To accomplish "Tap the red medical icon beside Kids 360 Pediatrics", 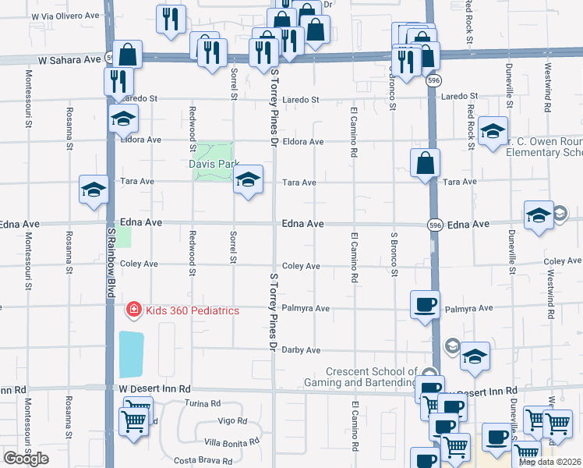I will pyautogui.click(x=134, y=310).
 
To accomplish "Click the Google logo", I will pyautogui.click(x=26, y=459).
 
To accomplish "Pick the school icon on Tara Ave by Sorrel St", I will pyautogui.click(x=248, y=179).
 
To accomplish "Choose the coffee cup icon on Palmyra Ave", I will pyautogui.click(x=425, y=304).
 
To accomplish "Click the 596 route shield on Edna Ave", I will pyautogui.click(x=436, y=225).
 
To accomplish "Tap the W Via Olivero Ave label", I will pyautogui.click(x=65, y=15).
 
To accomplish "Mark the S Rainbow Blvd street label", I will pyautogui.click(x=111, y=262).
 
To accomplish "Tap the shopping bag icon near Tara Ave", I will pyautogui.click(x=426, y=164).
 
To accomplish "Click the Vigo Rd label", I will pyautogui.click(x=232, y=421).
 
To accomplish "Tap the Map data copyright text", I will pyautogui.click(x=549, y=462).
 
